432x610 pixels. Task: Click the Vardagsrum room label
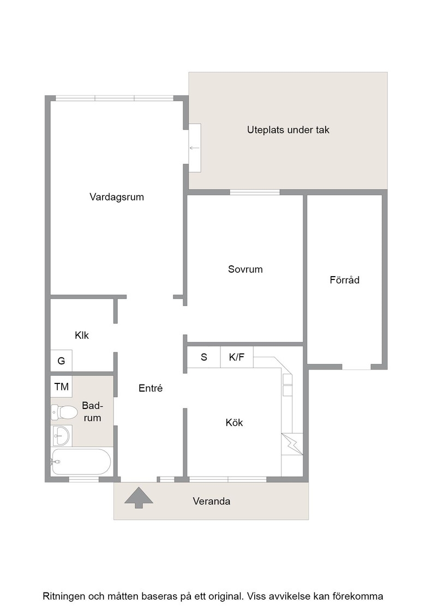coord(117,197)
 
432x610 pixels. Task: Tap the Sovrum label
coord(245,269)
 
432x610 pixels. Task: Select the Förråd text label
coord(344,280)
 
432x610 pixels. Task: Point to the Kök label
coord(234,423)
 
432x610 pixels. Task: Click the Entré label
coord(151,388)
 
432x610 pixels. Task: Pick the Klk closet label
coord(82,335)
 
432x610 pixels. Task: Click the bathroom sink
coord(61,435)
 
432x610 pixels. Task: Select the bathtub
coord(81,462)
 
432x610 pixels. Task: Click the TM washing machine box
coord(61,387)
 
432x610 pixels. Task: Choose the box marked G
coord(61,361)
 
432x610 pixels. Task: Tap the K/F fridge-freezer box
coord(236,357)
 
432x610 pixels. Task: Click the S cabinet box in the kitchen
coord(204,357)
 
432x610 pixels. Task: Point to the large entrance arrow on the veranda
coord(139,498)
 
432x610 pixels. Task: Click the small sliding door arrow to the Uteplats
coord(194,148)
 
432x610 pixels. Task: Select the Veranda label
coord(212,501)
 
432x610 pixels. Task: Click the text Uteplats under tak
coord(288,130)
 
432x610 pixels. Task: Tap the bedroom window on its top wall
coord(255,192)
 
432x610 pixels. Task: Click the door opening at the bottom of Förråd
coord(356,367)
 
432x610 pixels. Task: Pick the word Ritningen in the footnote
coord(64,596)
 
